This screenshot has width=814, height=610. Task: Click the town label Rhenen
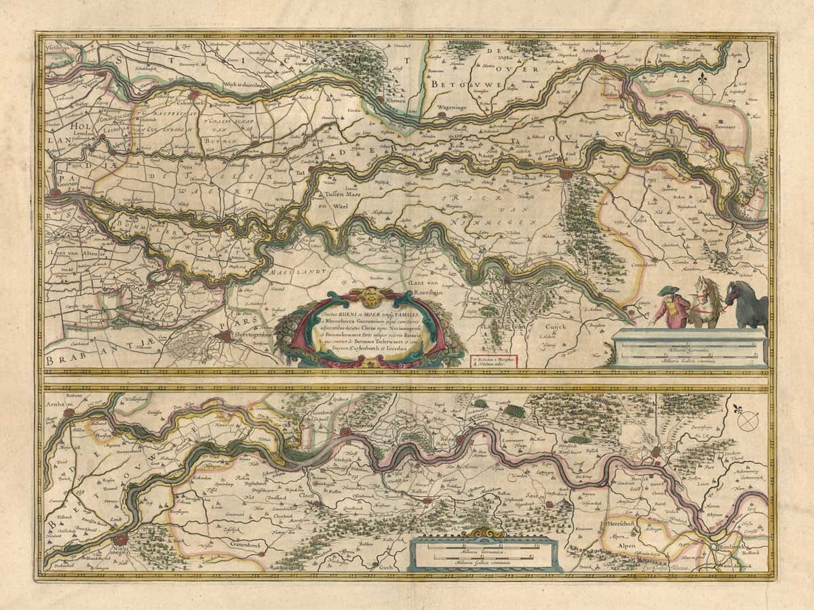pos(395,100)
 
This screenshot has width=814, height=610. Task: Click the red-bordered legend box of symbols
pos(493,360)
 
